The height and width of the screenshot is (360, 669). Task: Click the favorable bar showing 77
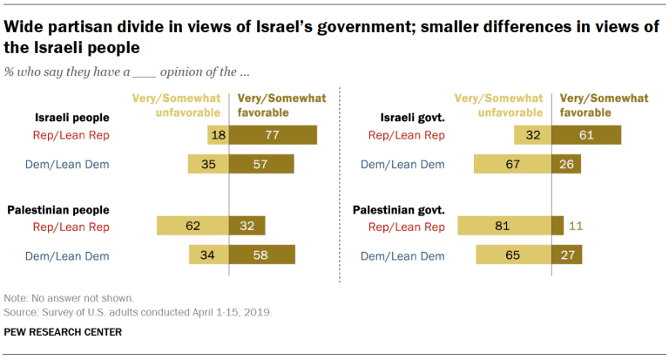(x=273, y=135)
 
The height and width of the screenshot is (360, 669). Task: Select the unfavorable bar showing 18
(x=218, y=135)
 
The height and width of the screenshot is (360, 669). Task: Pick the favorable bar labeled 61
(x=585, y=135)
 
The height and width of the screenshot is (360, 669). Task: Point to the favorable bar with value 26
(x=566, y=164)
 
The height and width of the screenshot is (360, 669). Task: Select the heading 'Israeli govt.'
(x=413, y=116)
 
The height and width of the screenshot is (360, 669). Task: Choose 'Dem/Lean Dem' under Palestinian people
(x=71, y=255)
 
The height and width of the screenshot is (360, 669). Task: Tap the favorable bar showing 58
(x=261, y=255)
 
